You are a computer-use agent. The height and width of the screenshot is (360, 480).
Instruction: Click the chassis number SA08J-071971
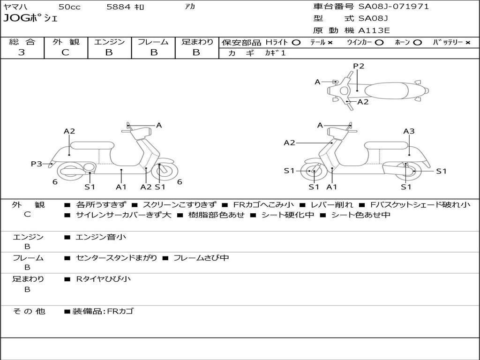[394, 7]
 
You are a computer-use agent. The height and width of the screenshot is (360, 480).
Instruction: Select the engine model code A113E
[374, 31]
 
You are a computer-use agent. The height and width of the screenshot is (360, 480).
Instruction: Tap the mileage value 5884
[119, 7]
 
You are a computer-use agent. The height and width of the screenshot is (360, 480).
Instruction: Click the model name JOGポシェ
[30, 19]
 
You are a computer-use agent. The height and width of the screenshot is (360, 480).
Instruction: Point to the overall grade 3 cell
[22, 52]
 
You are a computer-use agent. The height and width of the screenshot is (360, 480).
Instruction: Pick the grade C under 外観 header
[66, 52]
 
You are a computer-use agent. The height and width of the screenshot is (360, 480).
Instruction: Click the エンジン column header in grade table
[109, 42]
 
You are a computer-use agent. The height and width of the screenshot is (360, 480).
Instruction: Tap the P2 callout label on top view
[359, 66]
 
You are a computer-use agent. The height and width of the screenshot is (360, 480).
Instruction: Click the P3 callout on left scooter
[37, 164]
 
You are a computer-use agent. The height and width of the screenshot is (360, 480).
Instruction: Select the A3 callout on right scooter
[409, 131]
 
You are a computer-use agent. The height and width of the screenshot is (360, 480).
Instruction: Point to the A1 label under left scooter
[121, 187]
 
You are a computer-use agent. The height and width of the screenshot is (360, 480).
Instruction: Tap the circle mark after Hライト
[296, 42]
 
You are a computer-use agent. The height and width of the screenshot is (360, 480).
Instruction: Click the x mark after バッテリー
[467, 42]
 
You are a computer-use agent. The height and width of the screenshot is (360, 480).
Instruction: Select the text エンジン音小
[101, 237]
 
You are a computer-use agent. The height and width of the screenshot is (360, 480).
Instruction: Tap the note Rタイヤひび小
[103, 279]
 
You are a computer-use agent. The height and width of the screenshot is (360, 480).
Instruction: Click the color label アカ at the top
[190, 7]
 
